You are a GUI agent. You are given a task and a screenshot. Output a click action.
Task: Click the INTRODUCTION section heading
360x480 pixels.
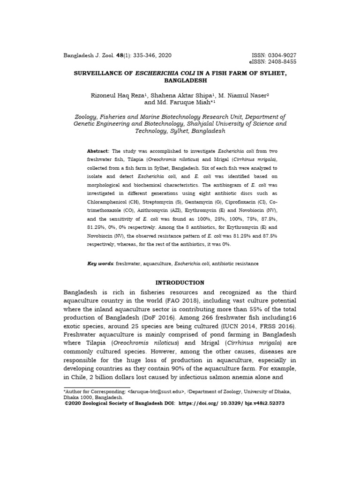pyautogui.click(x=180, y=283)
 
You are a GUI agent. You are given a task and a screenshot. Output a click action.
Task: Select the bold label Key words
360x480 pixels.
pyautogui.click(x=101, y=264)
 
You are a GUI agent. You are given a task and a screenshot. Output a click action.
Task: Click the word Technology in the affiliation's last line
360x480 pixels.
pyautogui.click(x=152, y=131)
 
